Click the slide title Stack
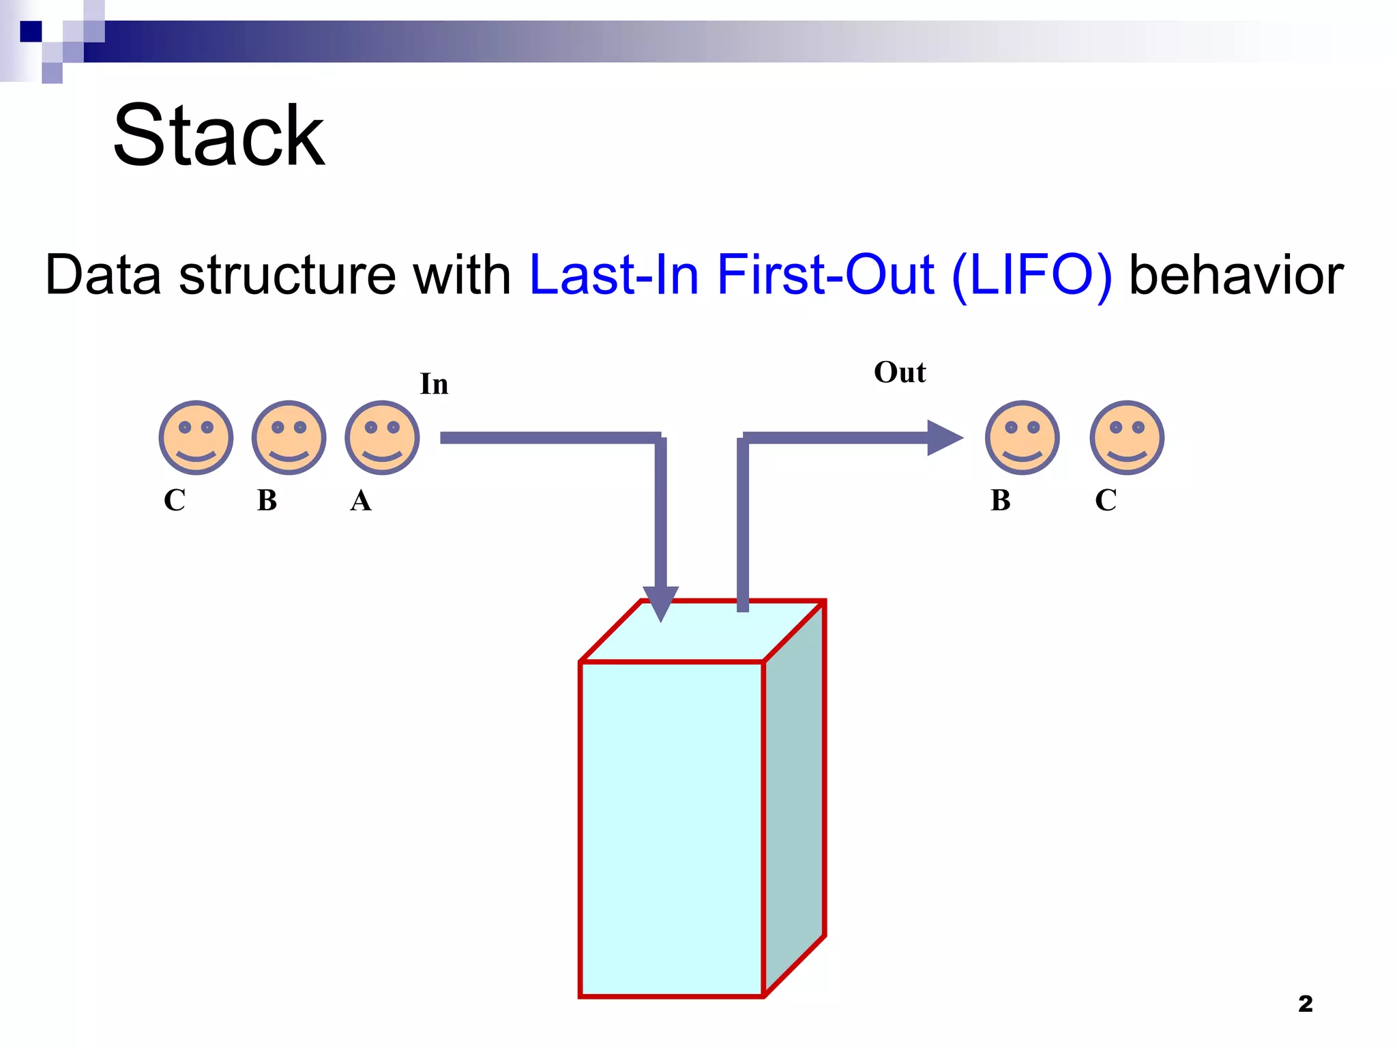[x=218, y=136]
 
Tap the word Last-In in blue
[x=614, y=275]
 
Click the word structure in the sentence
[x=287, y=275]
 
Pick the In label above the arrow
[x=434, y=384]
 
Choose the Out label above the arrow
[x=900, y=373]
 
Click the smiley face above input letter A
[x=382, y=437]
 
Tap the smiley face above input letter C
[x=196, y=437]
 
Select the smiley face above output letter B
[x=1022, y=437]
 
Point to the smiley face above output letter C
[x=1127, y=437]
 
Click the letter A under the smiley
[x=361, y=501]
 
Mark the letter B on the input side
[x=267, y=501]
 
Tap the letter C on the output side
[x=1106, y=501]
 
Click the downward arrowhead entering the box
[x=660, y=601]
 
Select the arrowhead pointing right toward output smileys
[x=943, y=437]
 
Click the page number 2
[x=1305, y=1004]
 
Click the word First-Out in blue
[x=825, y=275]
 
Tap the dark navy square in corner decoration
[x=31, y=31]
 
